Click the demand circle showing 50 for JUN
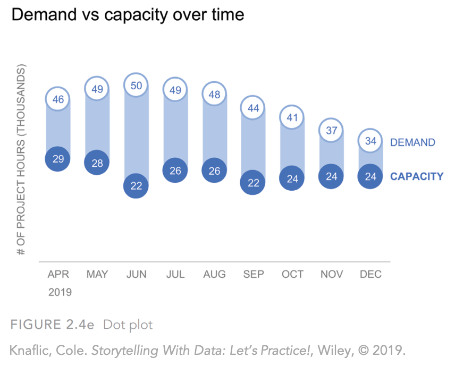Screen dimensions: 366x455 point(136,86)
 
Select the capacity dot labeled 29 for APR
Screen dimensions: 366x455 point(58,159)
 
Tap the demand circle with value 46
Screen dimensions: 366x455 point(58,99)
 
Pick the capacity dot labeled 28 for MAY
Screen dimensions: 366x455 point(97,163)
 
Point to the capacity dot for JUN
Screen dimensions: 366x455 point(136,185)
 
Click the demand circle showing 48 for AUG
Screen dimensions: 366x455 point(214,94)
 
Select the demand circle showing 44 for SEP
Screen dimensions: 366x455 point(254,108)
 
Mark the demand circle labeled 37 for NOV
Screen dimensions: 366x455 point(331,131)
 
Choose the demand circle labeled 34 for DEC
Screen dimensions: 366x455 point(370,141)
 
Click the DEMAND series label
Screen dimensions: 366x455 point(412,142)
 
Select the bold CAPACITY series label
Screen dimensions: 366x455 point(417,177)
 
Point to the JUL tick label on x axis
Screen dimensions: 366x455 point(175,275)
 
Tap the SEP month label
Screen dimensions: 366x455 point(254,275)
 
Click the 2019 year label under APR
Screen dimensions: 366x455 point(60,292)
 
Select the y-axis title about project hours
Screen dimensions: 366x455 point(22,159)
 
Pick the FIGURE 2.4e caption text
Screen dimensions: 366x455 point(51,324)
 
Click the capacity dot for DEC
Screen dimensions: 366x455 point(370,176)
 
